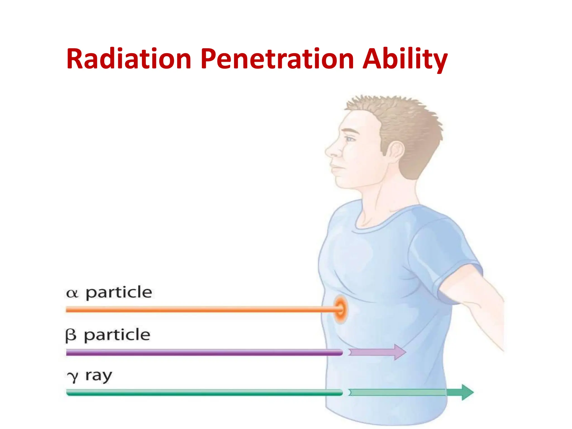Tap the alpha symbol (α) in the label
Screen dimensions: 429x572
coord(72,294)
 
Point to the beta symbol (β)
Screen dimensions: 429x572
coord(71,335)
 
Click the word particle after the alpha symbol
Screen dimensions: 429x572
coord(119,293)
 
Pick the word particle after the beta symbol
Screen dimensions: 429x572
coord(117,335)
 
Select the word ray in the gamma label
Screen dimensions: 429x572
coord(99,376)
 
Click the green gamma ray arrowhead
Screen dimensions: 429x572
coord(467,392)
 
